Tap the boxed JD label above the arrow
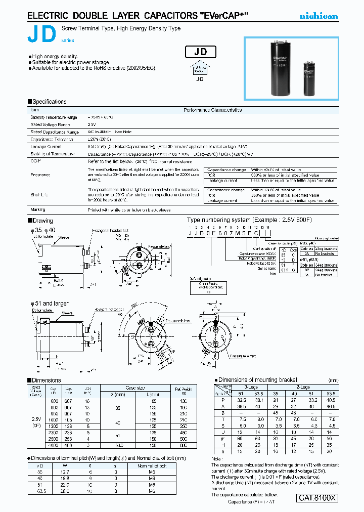tap(201, 52)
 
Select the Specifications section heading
tap(49, 102)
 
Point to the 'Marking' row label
tap(38, 209)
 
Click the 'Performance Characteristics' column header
tap(212, 110)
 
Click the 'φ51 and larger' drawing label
tap(50, 304)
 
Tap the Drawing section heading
tap(42, 221)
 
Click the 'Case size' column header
tap(135, 387)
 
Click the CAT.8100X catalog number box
tap(317, 497)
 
